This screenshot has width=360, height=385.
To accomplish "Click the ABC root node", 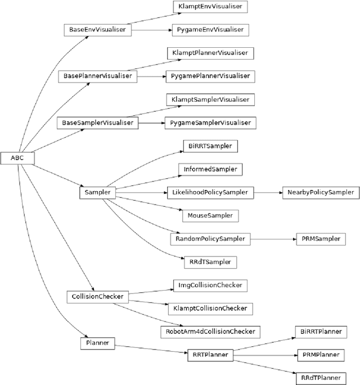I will (17, 158).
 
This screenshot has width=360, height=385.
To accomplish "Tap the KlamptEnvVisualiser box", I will (210, 7).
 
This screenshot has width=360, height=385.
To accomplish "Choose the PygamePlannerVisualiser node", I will (210, 76).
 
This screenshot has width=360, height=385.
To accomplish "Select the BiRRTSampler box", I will (210, 146).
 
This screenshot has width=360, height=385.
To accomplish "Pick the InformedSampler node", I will (210, 169).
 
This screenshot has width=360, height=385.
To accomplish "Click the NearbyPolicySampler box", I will (320, 192).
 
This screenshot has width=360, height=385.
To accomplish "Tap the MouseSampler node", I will (210, 215).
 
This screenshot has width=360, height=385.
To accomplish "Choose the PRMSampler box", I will (320, 238).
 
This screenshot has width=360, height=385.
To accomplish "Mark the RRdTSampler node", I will (210, 261).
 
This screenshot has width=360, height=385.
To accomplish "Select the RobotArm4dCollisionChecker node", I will (210, 331).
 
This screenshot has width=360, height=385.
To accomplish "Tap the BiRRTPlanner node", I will (320, 332).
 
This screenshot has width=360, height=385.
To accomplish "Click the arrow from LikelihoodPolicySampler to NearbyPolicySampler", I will (267, 192).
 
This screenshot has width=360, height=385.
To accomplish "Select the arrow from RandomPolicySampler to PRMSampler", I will (273, 238).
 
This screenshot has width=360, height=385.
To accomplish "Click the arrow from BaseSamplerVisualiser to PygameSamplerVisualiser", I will (151, 122).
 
